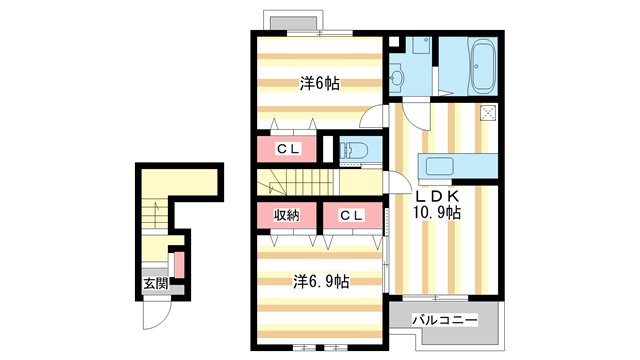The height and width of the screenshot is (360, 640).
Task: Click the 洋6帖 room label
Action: pos(320,84)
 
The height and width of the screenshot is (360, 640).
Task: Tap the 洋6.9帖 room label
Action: pos(321,281)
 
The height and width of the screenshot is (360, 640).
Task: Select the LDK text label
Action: pos(438,196)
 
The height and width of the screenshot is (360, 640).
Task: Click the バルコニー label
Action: pos(444,320)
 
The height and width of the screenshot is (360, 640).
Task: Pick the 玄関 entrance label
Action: pos(156,283)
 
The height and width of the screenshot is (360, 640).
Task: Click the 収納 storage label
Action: pos(287,215)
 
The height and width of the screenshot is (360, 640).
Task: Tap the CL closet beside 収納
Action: pos(352,215)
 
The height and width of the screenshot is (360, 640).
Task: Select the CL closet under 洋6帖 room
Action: pos(289,149)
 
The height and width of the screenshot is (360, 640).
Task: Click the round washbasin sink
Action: pos(396,76)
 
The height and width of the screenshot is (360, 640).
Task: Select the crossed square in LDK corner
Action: pos(489,112)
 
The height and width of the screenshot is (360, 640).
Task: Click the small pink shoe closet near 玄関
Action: pos(180,265)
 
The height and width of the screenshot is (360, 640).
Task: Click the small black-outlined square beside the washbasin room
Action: pos(393,42)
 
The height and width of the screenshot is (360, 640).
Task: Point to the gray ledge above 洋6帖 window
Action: pos(294,23)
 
